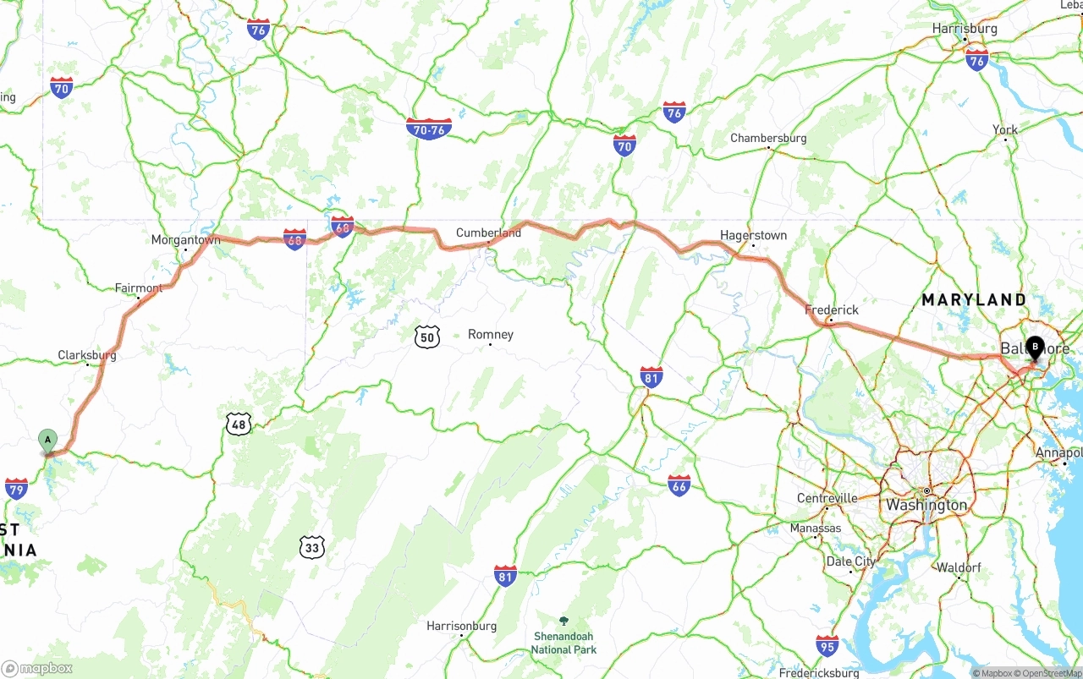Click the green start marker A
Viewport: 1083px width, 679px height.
coord(48,440)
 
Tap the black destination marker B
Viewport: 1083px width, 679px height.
coord(1035,347)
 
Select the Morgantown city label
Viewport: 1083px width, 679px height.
coord(185,240)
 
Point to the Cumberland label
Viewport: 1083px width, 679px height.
coord(488,233)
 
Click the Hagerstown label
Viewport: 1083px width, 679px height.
coord(753,235)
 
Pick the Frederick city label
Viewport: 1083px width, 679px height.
coord(832,310)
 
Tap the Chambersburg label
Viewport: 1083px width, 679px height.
coord(768,138)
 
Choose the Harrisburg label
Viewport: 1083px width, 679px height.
coord(965,29)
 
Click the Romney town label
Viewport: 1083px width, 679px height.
coord(491,335)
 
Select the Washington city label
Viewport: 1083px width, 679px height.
coord(926,505)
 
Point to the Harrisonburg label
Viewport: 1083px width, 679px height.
coord(461,627)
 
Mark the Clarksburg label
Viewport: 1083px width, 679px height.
coord(87,356)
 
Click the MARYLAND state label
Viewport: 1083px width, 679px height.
coord(974,299)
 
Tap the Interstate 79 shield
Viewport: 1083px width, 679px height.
coord(16,488)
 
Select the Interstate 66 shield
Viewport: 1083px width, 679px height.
coord(679,485)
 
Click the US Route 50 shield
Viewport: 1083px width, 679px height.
coord(427,337)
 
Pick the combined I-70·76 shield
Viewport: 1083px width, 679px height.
coord(429,129)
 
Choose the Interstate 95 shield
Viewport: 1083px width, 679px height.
coord(827,645)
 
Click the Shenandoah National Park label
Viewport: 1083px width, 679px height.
coord(563,642)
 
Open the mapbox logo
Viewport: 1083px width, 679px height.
coord(37,668)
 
